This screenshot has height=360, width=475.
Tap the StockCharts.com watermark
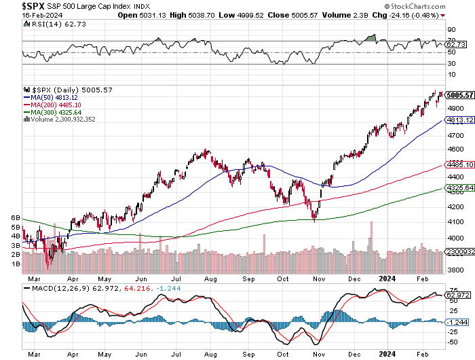pos(440,6)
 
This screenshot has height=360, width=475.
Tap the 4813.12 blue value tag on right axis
pos(459,120)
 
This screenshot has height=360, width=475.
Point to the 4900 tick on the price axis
pos(455,108)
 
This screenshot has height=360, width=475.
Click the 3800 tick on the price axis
pos(455,270)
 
